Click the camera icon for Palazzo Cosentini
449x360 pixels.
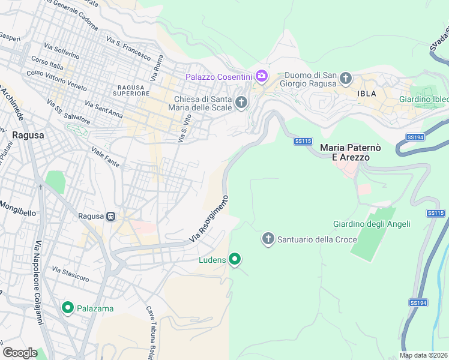(x=261, y=76)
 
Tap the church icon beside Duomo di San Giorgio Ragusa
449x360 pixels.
(x=346, y=78)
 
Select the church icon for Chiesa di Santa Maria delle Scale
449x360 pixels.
(x=241, y=103)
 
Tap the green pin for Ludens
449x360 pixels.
(x=235, y=260)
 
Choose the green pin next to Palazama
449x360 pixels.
(x=67, y=308)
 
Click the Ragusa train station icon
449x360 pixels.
(x=110, y=217)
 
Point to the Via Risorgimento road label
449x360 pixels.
(x=209, y=219)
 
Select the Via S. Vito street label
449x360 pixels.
(x=184, y=128)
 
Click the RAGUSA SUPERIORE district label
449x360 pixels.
(x=130, y=90)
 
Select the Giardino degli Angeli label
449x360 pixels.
(x=372, y=224)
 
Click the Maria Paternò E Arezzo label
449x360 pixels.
(x=345, y=152)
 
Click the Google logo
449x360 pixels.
(x=20, y=352)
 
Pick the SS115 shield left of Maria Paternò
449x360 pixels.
(x=303, y=141)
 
